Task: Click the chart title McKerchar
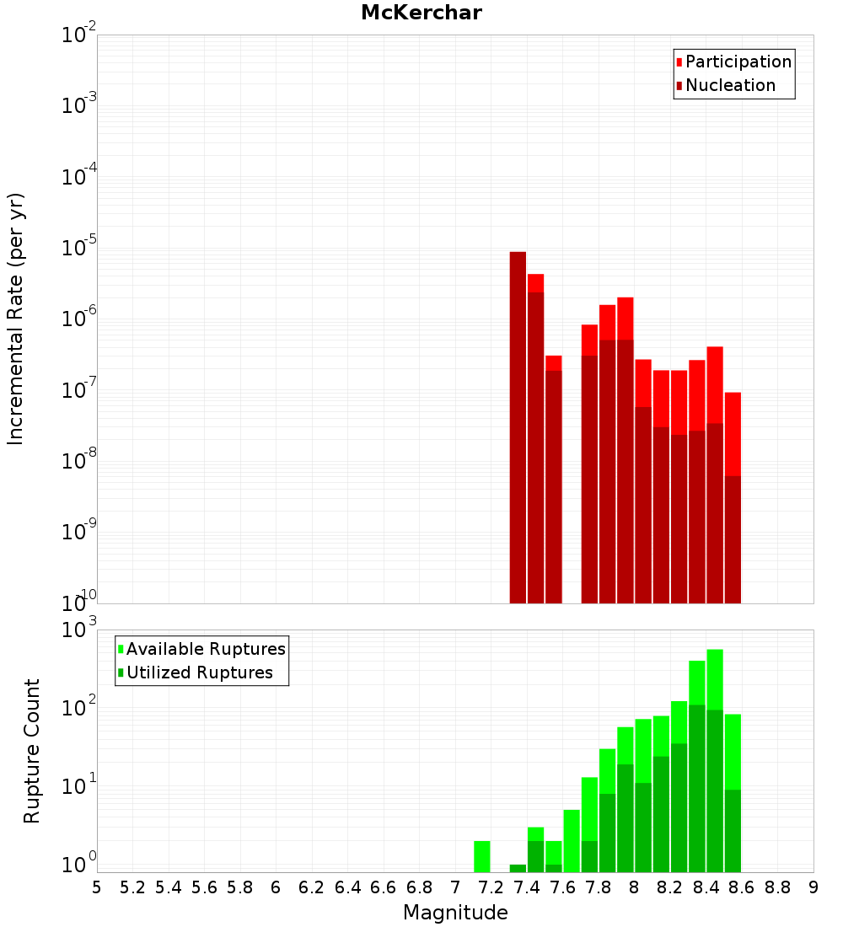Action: (421, 13)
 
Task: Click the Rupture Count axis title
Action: (32, 751)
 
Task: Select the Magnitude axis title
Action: (455, 913)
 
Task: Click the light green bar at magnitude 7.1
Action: (482, 856)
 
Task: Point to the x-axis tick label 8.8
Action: (778, 887)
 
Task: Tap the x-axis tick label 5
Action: (97, 887)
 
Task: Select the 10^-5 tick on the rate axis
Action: (79, 248)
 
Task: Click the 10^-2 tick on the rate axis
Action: (79, 35)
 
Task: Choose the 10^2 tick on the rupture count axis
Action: (79, 708)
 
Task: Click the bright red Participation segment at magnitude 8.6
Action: (733, 433)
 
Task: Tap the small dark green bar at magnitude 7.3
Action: (518, 868)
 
